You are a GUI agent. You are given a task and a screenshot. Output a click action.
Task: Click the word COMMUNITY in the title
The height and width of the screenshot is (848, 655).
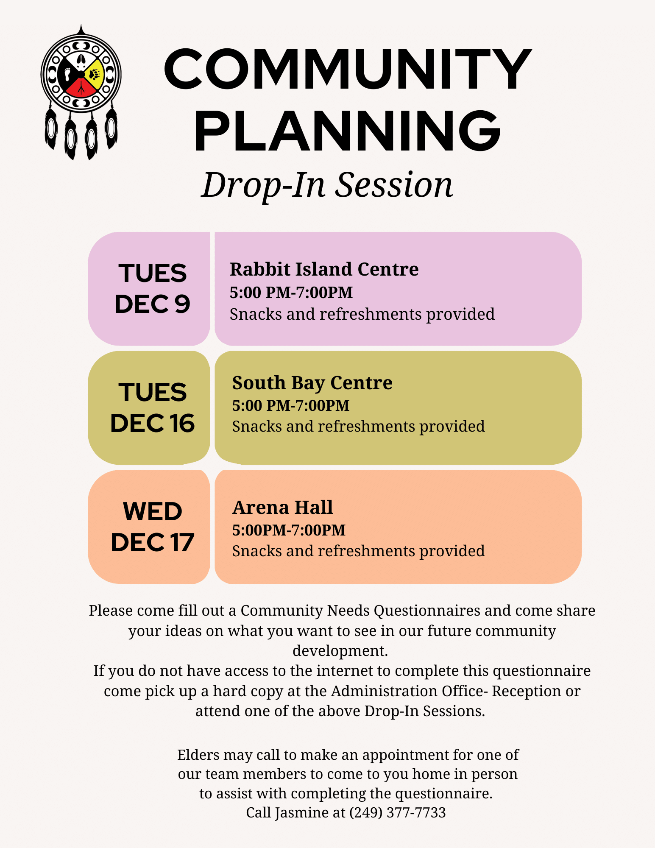348,70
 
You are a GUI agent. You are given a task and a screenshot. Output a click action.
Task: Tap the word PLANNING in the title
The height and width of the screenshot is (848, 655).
348,130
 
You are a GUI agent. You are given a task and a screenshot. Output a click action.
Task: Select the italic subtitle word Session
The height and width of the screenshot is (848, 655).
394,185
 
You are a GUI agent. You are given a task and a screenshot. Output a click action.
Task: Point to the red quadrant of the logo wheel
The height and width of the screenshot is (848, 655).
81,87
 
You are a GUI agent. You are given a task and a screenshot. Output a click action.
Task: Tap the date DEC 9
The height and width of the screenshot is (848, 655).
153,304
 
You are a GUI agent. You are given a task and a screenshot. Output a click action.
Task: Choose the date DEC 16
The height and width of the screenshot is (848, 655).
153,423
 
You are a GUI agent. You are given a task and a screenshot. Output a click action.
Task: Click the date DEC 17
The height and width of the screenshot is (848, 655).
153,542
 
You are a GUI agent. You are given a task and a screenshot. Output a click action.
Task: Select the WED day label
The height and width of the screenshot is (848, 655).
153,511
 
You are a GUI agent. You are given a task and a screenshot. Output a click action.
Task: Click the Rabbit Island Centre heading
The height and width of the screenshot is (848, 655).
324,269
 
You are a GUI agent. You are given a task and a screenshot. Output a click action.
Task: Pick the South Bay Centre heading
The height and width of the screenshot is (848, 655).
312,383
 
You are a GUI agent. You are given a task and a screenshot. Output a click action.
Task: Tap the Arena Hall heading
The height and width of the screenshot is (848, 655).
283,508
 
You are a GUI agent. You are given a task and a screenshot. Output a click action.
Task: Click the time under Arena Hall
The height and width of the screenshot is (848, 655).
289,530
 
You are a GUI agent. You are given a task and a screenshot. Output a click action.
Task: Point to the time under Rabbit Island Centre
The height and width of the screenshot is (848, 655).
291,293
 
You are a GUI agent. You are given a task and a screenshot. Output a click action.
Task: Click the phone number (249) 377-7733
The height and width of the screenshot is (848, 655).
398,812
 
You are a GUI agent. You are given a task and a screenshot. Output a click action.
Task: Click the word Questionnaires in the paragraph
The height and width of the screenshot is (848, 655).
427,611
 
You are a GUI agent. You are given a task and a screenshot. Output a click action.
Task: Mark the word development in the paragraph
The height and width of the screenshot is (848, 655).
340,651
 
